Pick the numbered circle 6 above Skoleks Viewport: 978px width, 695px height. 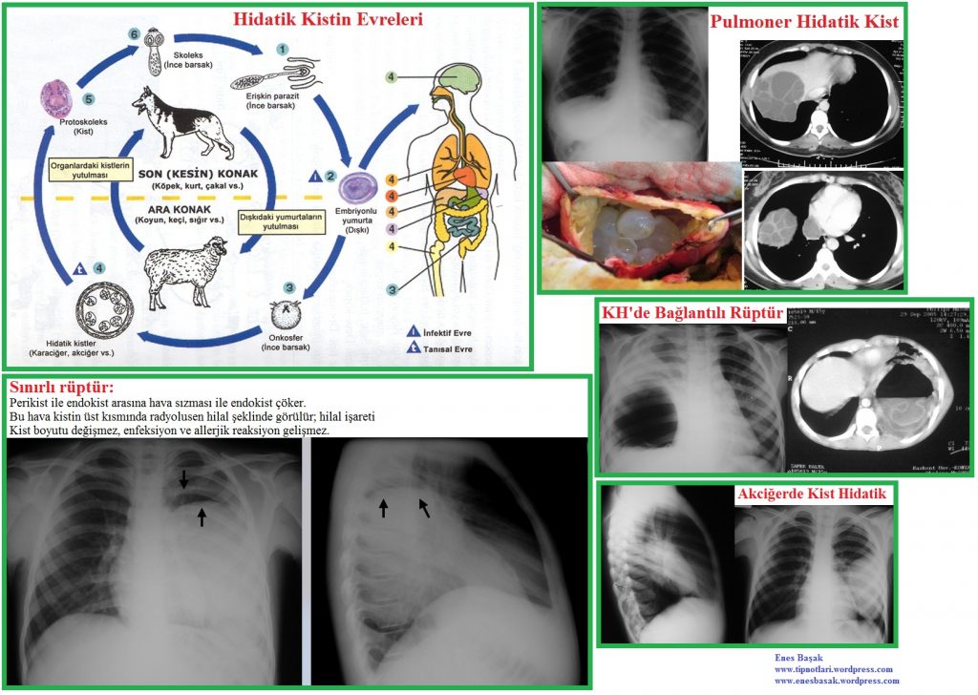(x=135, y=33)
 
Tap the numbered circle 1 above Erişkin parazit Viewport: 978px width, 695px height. (x=282, y=48)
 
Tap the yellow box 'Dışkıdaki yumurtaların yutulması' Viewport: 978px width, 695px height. (x=283, y=221)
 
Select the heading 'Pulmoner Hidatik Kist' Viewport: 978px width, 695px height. (x=805, y=22)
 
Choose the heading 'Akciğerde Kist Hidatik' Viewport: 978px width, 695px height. (x=814, y=495)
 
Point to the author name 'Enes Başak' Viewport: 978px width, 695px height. (x=800, y=659)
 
